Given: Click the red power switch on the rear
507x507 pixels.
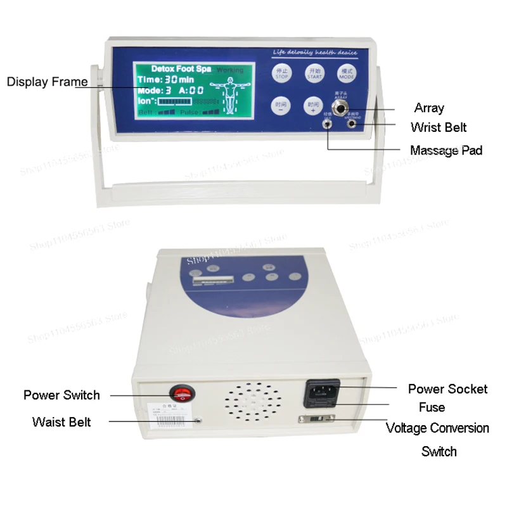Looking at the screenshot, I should point(183,392).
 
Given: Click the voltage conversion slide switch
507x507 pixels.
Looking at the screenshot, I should point(315,420).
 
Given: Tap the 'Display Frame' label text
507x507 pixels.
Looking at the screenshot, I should point(48,82).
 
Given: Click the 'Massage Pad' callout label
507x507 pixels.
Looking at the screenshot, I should point(446,150).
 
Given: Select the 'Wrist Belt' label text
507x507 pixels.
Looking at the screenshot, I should point(439,127).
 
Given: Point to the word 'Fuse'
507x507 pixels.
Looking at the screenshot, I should point(432,408).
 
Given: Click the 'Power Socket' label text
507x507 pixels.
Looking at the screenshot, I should point(447,388).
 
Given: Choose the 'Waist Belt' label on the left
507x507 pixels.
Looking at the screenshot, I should point(61,421).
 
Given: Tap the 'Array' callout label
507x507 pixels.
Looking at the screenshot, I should point(429,108).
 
